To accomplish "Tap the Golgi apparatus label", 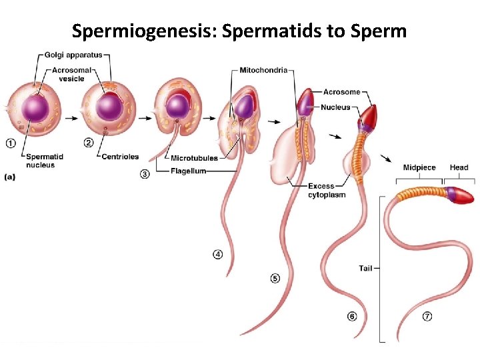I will tap(73, 55).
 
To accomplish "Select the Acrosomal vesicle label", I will tap(72, 74).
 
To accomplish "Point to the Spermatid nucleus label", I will tap(45, 161).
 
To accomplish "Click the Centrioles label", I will tap(120, 157).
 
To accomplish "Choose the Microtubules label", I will tap(194, 158).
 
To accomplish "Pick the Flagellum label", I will tap(188, 171).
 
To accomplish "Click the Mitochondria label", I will tap(265, 70).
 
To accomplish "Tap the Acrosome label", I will tap(341, 92).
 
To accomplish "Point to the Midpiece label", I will tap(419, 167).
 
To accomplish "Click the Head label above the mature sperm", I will tap(459, 167).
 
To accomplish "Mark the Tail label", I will tap(365, 268).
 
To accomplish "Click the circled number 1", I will tap(11, 142).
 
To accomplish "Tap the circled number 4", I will tap(218, 254).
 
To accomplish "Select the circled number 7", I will tap(427, 317).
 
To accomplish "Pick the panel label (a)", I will tap(11, 177).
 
